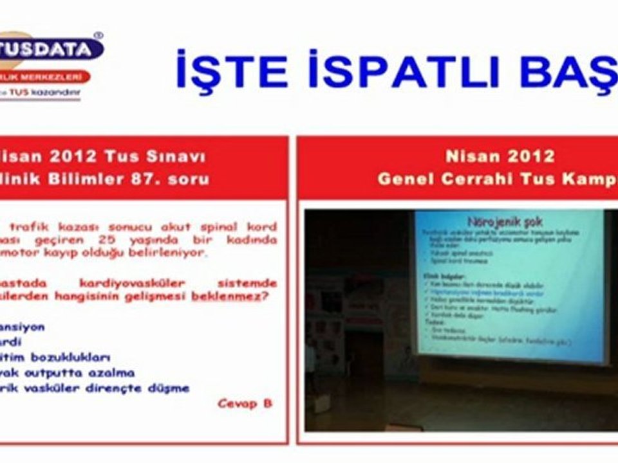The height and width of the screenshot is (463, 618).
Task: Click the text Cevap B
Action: pos(245,403)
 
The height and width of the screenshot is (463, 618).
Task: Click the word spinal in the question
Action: pos(201,227)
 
